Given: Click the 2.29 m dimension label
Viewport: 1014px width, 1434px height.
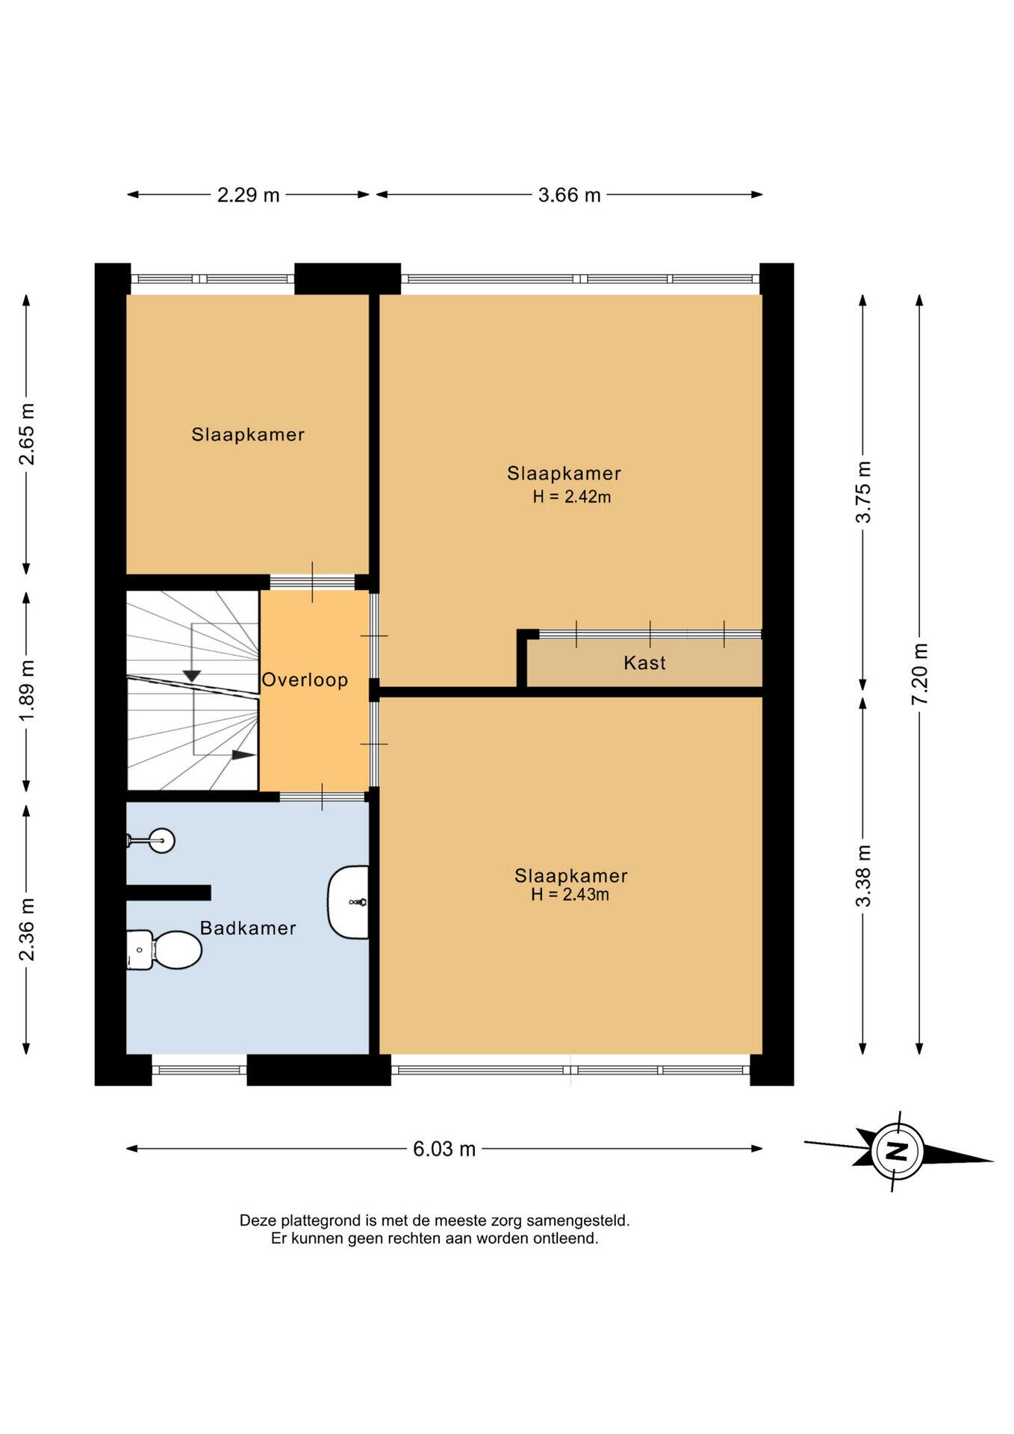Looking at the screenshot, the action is pos(248,195).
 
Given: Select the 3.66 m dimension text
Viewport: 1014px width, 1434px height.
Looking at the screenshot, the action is pos(569,195).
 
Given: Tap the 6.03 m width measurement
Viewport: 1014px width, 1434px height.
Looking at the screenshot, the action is pos(444,1149).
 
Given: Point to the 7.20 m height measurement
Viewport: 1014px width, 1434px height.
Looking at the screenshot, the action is pos(919,674).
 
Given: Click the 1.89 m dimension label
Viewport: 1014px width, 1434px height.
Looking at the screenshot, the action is pos(27,691).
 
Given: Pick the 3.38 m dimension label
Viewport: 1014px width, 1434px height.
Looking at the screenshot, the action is pos(863,875).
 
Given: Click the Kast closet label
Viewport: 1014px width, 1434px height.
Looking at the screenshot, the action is pos(644,662).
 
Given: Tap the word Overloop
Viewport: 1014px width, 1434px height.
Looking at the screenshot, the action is pos(305,680).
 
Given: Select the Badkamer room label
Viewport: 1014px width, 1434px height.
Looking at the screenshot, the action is pos(248,928).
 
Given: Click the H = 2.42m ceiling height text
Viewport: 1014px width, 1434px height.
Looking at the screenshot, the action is pos(571,497).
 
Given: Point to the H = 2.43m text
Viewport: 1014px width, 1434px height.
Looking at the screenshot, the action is pos(570,894).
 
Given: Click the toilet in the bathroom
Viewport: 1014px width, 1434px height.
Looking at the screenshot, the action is pos(164,950).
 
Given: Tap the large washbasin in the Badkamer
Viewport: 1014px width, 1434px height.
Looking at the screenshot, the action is pos(349,902).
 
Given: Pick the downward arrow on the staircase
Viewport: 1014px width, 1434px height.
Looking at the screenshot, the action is pos(192,676).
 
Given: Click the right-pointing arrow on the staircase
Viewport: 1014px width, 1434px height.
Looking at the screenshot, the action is pos(243,754).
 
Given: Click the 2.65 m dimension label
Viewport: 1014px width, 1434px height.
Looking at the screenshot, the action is pos(27,434).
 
